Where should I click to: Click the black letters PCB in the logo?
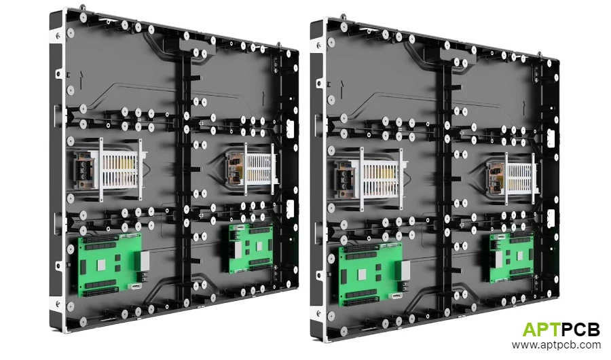[x=581, y=330]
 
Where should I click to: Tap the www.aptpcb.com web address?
[x=556, y=346]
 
